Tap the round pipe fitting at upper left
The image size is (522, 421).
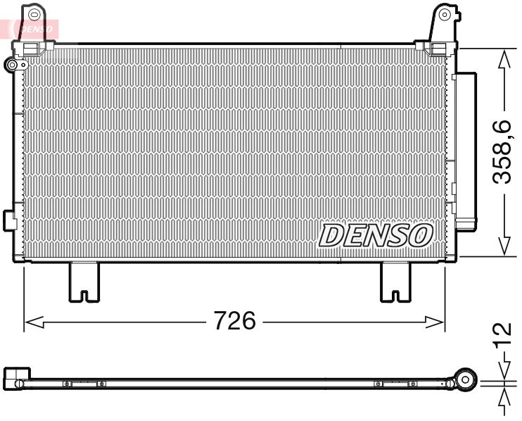point(12,65)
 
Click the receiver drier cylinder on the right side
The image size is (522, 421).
point(464,151)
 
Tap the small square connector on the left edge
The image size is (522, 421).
point(10,218)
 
